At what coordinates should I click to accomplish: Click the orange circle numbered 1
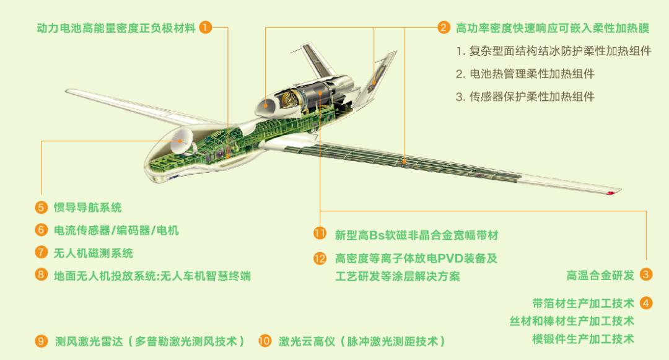206,28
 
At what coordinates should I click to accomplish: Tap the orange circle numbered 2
444,28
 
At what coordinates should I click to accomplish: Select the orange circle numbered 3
646,274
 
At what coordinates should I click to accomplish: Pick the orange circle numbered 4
646,303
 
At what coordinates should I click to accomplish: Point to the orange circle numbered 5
41,208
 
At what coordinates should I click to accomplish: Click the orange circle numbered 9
41,341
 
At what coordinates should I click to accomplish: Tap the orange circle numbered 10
265,341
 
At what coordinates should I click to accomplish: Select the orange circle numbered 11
320,234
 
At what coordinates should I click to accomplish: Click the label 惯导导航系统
87,208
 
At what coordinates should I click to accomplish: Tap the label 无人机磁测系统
94,253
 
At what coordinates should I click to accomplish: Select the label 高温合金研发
600,275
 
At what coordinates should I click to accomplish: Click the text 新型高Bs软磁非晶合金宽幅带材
416,235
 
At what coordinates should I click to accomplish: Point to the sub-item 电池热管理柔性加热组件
525,74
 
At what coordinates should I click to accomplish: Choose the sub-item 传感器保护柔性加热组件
525,97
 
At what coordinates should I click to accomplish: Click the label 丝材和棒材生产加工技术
572,321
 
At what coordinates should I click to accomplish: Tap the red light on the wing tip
611,193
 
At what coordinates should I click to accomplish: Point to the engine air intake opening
265,105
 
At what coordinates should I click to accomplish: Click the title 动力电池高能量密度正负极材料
116,28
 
